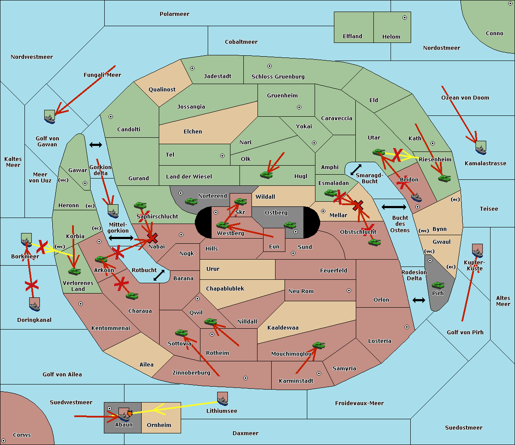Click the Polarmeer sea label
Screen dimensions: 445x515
pos(174,14)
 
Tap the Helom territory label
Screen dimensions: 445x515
pos(391,37)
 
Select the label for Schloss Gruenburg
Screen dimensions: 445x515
pos(278,77)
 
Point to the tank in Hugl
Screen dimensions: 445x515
pos(266,175)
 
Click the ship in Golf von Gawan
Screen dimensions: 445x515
pos(49,117)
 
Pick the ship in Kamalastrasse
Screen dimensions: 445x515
pos(481,148)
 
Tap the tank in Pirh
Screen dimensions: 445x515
pos(438,285)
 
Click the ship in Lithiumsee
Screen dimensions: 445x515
pos(222,399)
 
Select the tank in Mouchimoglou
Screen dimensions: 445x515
pos(318,345)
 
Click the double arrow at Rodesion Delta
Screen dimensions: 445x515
pos(419,300)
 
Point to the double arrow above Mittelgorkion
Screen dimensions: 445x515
pos(95,145)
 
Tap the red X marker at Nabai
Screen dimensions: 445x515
pos(152,238)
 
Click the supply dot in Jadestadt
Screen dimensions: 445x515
pos(192,68)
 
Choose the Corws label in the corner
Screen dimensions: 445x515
pos(22,435)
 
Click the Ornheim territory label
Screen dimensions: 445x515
pos(159,425)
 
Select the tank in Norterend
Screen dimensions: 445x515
pos(191,201)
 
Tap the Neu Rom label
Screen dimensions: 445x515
pos(301,291)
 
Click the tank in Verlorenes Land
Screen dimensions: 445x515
pos(74,271)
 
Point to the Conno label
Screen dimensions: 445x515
pos(494,33)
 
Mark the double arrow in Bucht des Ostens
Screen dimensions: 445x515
pos(394,207)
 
